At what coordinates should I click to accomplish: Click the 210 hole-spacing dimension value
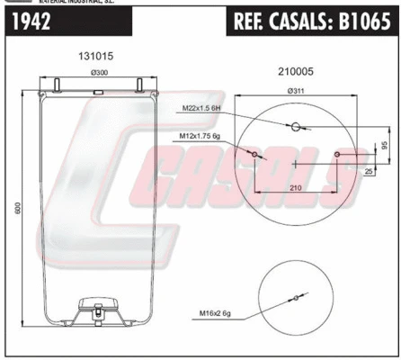[x=296, y=185]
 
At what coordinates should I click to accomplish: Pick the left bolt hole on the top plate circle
[x=254, y=157]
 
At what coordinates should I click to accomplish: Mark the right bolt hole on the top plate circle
[x=337, y=157]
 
